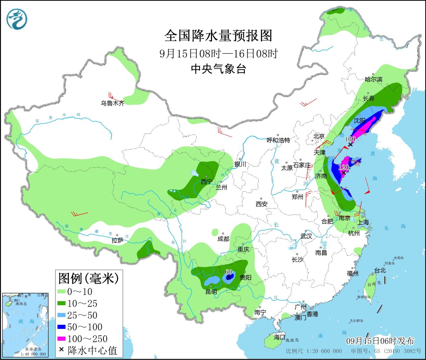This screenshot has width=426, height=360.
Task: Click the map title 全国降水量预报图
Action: click(x=218, y=36)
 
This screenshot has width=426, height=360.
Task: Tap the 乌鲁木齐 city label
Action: click(x=112, y=103)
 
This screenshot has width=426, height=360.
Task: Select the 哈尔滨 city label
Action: click(x=373, y=79)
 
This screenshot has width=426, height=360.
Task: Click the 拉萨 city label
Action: click(x=117, y=240)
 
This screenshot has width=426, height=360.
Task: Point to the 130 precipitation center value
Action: click(x=350, y=139)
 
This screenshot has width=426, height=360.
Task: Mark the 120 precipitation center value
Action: click(x=343, y=167)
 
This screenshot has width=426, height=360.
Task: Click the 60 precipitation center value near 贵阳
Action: click(x=229, y=272)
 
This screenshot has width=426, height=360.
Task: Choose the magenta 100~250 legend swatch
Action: click(x=61, y=339)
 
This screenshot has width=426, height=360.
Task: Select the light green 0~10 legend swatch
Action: click(x=61, y=291)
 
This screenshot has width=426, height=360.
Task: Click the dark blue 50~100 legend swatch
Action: click(x=61, y=327)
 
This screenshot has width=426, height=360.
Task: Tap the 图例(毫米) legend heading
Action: click(x=89, y=279)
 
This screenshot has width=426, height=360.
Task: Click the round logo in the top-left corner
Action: click(x=17, y=19)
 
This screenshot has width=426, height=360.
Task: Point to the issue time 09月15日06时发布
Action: click(x=380, y=341)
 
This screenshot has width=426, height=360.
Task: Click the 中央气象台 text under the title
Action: click(x=218, y=69)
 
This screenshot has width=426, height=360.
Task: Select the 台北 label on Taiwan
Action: click(x=380, y=271)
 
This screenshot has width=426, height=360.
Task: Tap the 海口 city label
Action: click(x=280, y=337)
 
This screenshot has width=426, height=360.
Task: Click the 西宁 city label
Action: click(x=207, y=182)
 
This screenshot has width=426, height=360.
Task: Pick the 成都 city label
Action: click(x=223, y=239)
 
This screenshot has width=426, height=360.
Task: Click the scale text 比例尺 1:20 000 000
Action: click(x=314, y=351)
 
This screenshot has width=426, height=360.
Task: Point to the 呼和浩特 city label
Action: click(x=278, y=140)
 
